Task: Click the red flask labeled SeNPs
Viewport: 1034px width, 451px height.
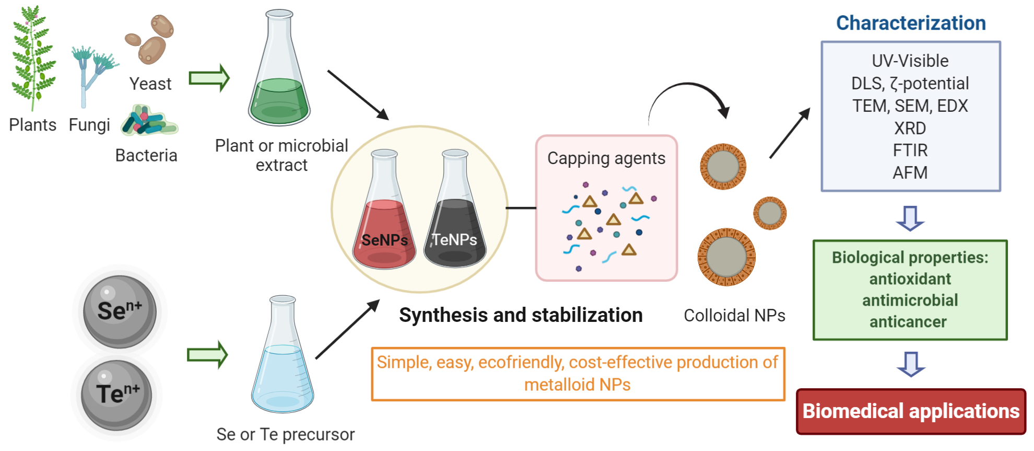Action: click(384, 230)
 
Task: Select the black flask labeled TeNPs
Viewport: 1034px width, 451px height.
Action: click(455, 230)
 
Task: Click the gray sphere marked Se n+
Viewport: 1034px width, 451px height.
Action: click(120, 311)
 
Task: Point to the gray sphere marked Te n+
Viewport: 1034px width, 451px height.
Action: click(116, 395)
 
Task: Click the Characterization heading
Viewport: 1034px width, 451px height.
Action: click(911, 23)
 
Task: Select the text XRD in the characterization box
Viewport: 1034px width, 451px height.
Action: click(910, 128)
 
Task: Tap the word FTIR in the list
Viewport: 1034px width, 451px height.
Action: click(910, 151)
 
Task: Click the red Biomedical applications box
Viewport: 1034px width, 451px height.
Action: click(911, 411)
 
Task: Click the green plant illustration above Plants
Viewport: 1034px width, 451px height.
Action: click(33, 57)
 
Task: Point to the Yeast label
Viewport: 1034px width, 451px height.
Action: click(150, 84)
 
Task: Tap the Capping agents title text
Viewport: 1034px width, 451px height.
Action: click(606, 158)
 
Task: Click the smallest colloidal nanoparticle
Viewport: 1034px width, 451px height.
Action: click(769, 213)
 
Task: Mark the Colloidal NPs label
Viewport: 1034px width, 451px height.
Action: click(734, 316)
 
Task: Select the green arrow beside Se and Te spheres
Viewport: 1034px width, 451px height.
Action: click(207, 355)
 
